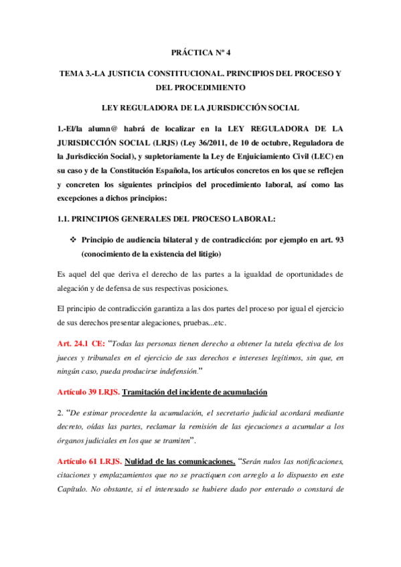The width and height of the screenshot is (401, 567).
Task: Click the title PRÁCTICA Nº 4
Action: [x=200, y=51]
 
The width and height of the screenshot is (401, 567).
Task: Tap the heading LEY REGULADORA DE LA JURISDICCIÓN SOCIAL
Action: [x=200, y=107]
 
